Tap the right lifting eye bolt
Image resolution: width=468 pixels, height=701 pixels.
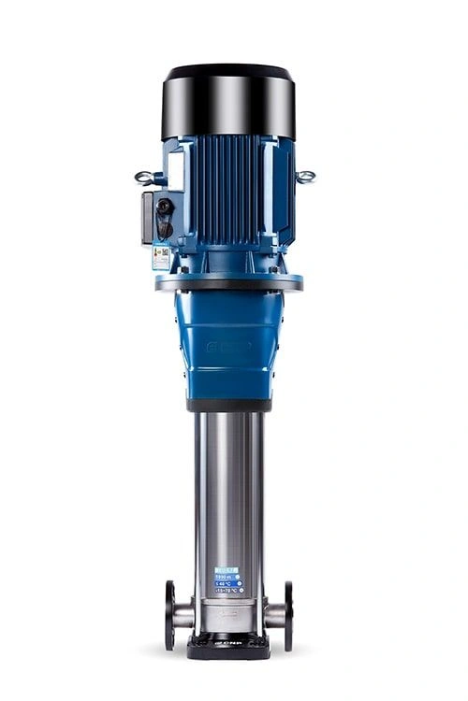click(x=305, y=176)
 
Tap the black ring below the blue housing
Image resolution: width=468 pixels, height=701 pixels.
click(x=229, y=405)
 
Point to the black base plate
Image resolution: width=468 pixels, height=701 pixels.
click(x=229, y=645)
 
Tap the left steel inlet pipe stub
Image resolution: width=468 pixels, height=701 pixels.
click(x=184, y=615)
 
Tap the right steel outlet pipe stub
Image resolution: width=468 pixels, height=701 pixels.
click(x=274, y=615)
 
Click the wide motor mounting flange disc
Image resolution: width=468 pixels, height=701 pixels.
click(x=229, y=281)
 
